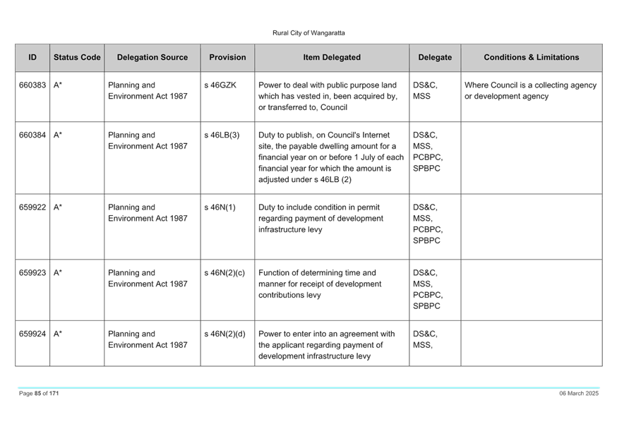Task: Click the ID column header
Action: pos(32,57)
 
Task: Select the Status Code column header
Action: pos(77,57)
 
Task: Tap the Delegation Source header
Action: pos(152,57)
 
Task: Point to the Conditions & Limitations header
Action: pos(531,57)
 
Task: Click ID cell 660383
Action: pos(32,85)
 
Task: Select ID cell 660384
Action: pos(32,135)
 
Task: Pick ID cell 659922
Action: pos(32,207)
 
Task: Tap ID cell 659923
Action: pos(32,273)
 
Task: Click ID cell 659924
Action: pos(32,334)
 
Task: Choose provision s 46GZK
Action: pos(220,85)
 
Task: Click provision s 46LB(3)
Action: pos(222,135)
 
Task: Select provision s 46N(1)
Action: pos(220,207)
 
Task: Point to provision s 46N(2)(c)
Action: pos(224,273)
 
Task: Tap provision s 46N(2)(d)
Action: pos(224,334)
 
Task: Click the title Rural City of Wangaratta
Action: pos(308,33)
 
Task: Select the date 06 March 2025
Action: pos(579,394)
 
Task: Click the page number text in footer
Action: pos(39,394)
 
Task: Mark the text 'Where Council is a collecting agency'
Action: pos(530,85)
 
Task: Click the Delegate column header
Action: pos(435,57)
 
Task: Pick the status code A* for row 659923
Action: pos(57,273)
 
